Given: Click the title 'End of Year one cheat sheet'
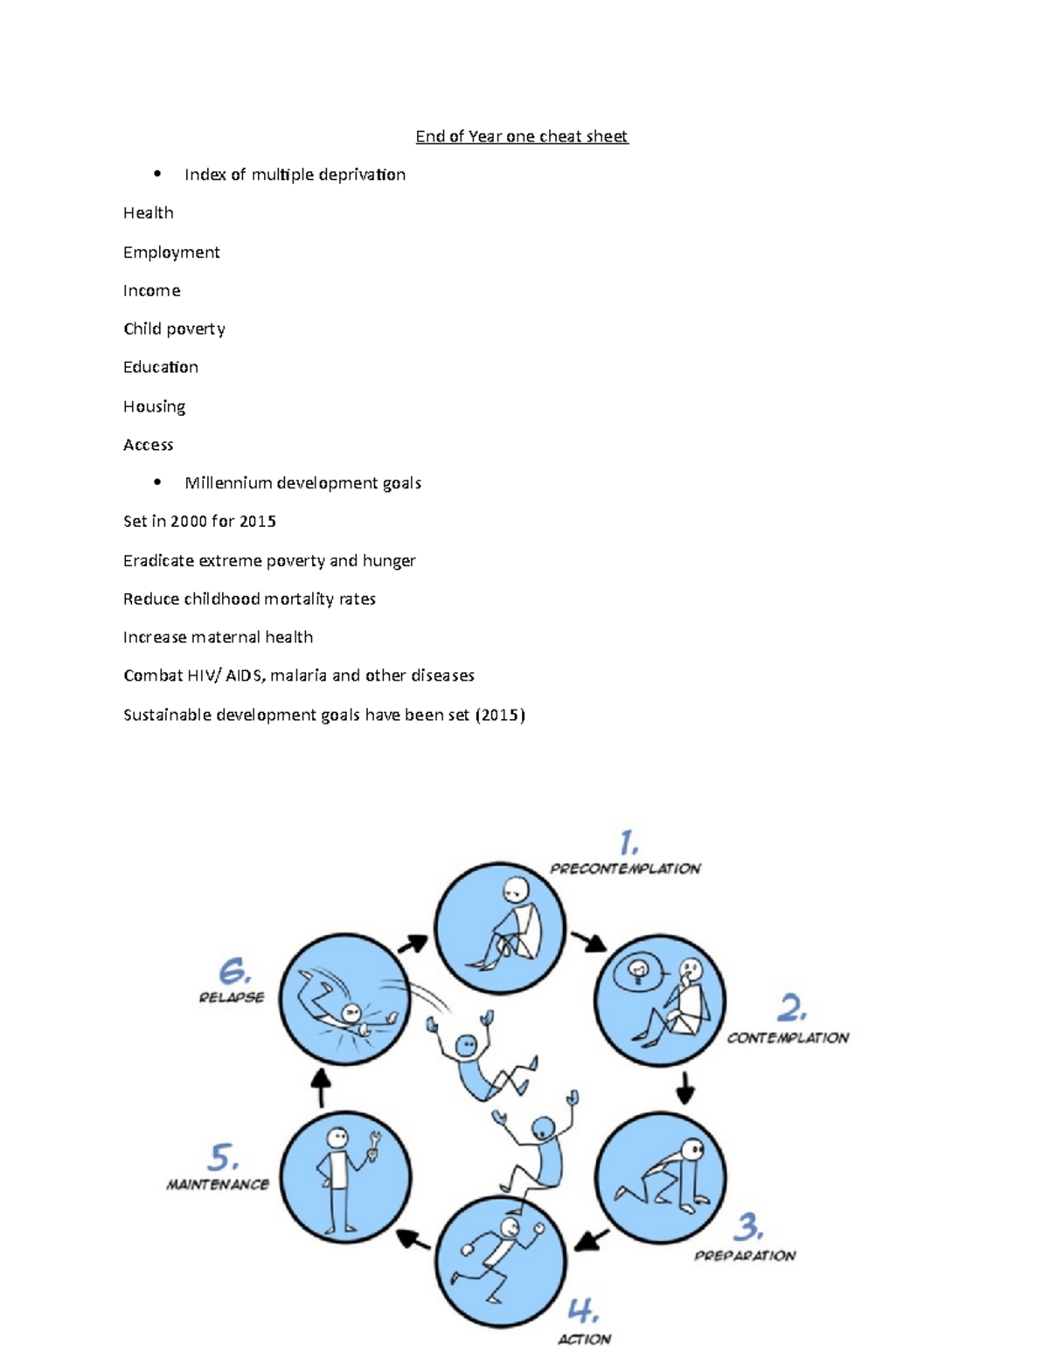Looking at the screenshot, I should (x=521, y=136).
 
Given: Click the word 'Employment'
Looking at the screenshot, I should (x=171, y=253).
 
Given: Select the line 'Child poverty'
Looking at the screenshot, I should (x=174, y=329).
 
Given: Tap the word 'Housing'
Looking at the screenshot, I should (x=154, y=406).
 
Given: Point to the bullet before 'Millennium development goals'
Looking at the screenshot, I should (x=157, y=481).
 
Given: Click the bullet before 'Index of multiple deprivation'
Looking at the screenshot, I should (x=157, y=173).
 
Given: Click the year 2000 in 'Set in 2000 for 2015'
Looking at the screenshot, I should (x=188, y=522).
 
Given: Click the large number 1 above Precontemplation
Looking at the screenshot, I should (x=628, y=842).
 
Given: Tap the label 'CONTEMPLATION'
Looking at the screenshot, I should (x=788, y=1038).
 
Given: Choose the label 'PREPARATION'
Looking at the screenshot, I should (x=745, y=1256).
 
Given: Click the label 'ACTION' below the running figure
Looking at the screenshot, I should (x=584, y=1339).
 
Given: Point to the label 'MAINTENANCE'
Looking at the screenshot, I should (x=218, y=1185).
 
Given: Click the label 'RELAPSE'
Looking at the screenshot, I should (x=231, y=997).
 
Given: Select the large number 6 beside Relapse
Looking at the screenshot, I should (x=234, y=971).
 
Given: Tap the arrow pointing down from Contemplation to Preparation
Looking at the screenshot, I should (x=685, y=1088).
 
